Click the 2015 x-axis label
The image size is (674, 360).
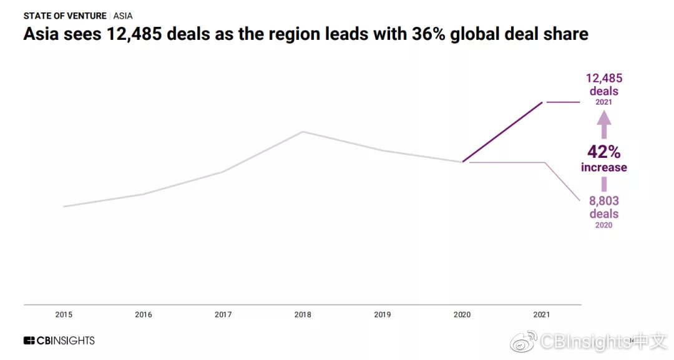tap(64, 315)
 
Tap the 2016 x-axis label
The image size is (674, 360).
tap(144, 315)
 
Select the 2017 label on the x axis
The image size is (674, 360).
tap(223, 315)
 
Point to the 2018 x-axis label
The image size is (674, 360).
tap(303, 315)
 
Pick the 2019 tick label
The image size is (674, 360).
tap(383, 315)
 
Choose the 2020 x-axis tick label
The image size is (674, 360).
tap(462, 315)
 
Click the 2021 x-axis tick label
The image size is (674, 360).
tap(542, 315)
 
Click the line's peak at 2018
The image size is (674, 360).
tap(303, 132)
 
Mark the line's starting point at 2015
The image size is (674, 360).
tap(64, 207)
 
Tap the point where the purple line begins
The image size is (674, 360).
tap(462, 162)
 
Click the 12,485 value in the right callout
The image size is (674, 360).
tap(604, 79)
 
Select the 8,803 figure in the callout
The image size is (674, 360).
tap(604, 202)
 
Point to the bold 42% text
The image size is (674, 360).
tap(603, 152)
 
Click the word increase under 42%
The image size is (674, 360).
tap(603, 167)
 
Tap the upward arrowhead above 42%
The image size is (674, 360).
tap(604, 125)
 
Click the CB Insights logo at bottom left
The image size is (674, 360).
tap(59, 341)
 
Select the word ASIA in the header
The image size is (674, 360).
tap(123, 16)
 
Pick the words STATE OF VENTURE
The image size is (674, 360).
tap(65, 16)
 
